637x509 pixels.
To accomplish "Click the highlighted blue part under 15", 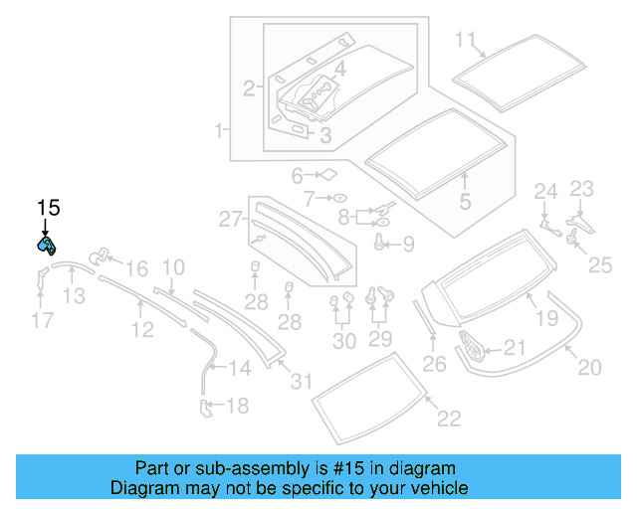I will pos(47,246).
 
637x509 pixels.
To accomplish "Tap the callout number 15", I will pos(48,208).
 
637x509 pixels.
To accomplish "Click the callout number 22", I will pos(449,419).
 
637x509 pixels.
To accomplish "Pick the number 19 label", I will pos(546,318).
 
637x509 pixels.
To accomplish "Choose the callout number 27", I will pos(231,219).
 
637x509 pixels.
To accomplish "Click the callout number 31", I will pos(301,380).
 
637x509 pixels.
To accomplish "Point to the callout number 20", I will pos(590,368).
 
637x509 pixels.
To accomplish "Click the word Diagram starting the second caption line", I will pos(139,488).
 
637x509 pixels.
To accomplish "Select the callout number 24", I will pos(546,191).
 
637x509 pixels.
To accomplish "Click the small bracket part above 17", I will pos(43,275).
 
